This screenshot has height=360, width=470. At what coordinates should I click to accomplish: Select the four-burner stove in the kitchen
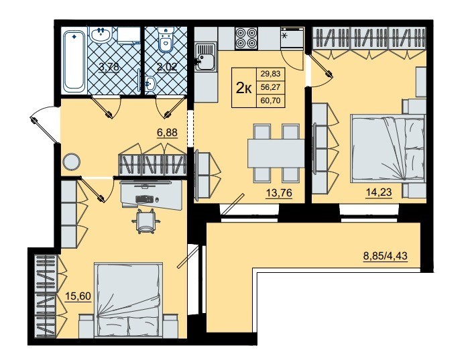[x=246, y=38]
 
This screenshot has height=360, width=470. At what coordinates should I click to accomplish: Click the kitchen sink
[x=205, y=57]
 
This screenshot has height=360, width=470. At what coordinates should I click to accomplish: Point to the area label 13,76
[x=279, y=193]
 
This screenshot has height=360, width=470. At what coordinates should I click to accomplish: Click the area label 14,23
[x=379, y=192]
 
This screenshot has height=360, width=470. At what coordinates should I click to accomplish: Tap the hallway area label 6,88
[x=167, y=132]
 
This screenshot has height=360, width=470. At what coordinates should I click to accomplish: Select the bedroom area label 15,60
[x=78, y=296]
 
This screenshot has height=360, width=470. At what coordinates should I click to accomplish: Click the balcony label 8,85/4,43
[x=385, y=256]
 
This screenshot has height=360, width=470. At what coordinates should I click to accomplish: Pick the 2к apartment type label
[x=243, y=88]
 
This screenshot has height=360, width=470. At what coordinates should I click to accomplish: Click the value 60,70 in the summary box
[x=271, y=101]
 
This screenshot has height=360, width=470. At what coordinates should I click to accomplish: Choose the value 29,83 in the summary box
[x=271, y=73]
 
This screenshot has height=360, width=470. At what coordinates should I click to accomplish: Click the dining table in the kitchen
[x=276, y=153]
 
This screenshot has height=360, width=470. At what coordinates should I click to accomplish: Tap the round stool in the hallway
[x=71, y=162]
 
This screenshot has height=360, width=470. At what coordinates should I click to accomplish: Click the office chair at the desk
[x=145, y=221]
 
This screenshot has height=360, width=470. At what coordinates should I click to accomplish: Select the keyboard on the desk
[x=144, y=199]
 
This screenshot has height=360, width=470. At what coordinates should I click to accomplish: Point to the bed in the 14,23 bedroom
[x=388, y=148]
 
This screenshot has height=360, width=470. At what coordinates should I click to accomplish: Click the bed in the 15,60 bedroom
[x=129, y=300]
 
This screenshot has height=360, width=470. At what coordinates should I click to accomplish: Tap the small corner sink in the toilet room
[x=150, y=82]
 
